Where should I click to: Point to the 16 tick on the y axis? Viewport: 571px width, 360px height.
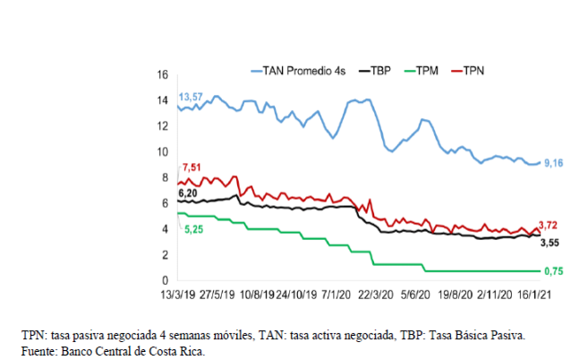163,74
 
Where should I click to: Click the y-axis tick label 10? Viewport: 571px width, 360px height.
163,151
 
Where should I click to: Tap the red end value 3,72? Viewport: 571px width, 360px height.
550,225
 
